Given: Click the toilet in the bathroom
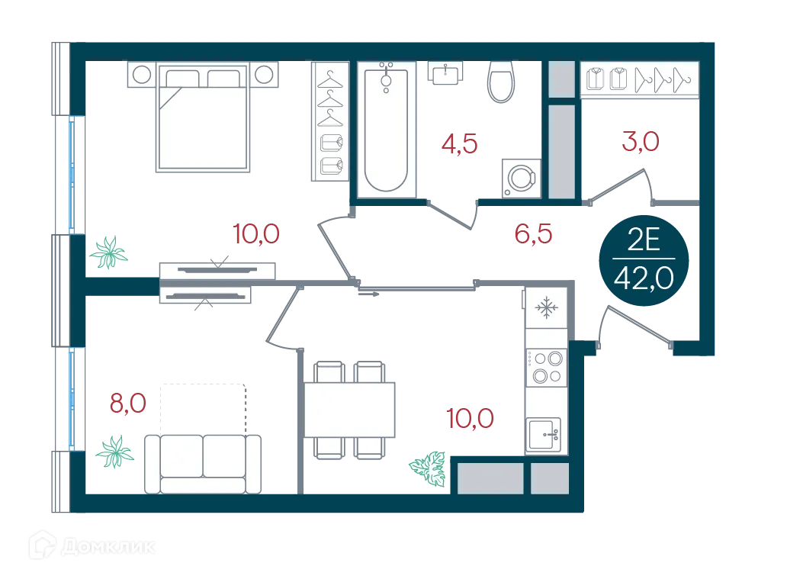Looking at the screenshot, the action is coord(500,81).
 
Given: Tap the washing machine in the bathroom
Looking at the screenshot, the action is coord(522,178).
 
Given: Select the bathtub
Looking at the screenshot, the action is coord(386,130).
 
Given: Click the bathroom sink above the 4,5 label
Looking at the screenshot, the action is coord(445,72).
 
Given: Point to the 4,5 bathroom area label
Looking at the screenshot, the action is coord(459,144).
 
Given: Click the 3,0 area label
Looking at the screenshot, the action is coord(640,141).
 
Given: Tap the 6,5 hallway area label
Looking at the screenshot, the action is coord(533,233).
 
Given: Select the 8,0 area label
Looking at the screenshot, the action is coord(128,404).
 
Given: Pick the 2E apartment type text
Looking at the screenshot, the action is coord(644,240).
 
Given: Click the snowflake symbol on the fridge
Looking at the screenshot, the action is coord(547,307).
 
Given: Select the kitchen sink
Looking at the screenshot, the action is coord(544,435).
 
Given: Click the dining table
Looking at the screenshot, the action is coord(349,410).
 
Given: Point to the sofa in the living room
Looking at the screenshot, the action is coord(203,465).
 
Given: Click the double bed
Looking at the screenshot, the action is coord(203,117).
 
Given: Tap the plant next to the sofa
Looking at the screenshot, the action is coord(114,452).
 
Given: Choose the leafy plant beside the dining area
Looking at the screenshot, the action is coord(428,468).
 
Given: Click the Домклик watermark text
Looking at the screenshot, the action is coord(108,547).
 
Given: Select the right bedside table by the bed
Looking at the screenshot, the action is coord(264,75).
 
